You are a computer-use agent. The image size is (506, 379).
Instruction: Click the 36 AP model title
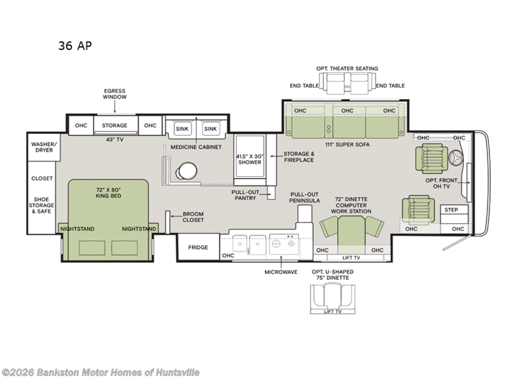[75, 45]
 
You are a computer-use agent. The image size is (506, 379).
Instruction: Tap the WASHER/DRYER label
[44, 147]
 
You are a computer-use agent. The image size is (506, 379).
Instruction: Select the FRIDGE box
[198, 247]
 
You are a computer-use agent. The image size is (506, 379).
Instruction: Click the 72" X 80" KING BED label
[108, 193]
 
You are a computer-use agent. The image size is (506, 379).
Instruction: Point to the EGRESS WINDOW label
[114, 93]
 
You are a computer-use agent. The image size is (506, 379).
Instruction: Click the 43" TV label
[114, 140]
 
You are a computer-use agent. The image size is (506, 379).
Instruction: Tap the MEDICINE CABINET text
[196, 147]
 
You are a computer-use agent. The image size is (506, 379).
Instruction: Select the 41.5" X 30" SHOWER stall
[250, 157]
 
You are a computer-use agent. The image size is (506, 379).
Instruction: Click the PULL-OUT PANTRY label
[245, 195]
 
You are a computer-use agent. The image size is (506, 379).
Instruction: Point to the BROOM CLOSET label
[193, 217]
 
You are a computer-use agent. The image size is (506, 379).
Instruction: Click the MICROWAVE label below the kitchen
[281, 272]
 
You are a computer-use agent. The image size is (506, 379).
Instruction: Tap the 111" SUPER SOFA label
[347, 145]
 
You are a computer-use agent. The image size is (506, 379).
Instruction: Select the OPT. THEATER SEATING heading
[347, 68]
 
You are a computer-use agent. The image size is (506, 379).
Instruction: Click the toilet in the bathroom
[186, 171]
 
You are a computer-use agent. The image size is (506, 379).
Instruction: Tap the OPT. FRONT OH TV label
[441, 183]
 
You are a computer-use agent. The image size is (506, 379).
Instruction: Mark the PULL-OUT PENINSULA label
[304, 197]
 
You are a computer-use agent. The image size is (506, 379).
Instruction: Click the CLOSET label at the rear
[42, 178]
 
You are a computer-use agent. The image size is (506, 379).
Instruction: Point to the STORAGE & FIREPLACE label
[299, 157]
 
